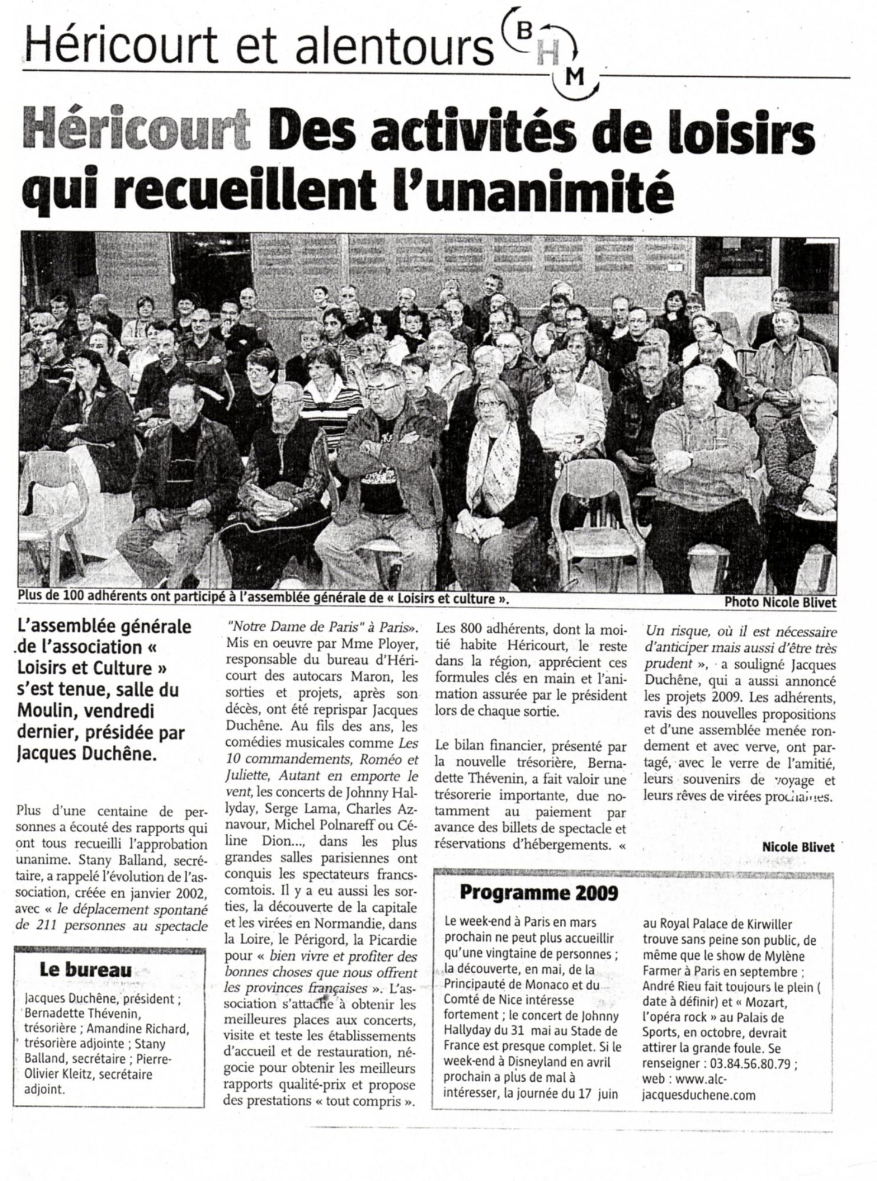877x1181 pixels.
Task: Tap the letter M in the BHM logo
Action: pyautogui.click(x=561, y=76)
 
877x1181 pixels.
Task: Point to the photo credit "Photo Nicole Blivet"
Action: pyautogui.click(x=780, y=602)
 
